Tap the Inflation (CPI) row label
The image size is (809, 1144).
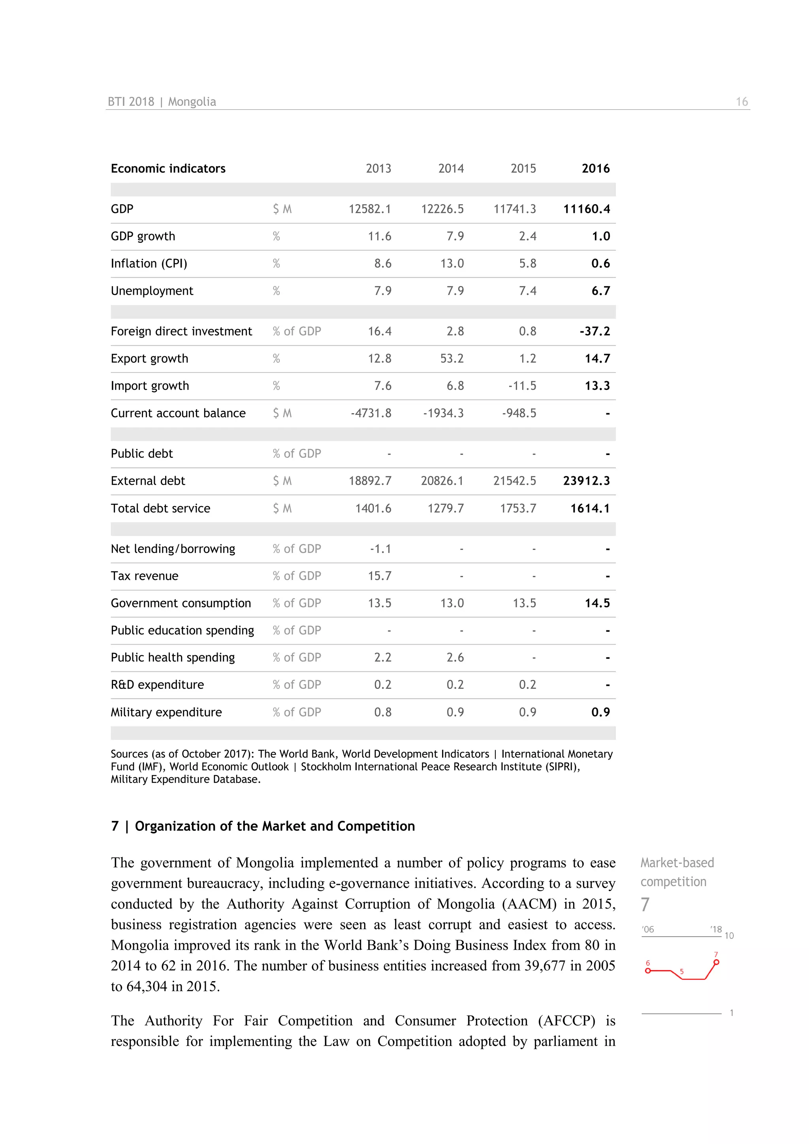pos(149,263)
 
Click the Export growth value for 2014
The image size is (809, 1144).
pos(452,359)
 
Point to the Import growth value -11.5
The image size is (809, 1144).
pos(522,386)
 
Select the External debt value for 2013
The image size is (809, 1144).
pos(370,481)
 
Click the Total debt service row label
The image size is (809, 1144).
pos(160,508)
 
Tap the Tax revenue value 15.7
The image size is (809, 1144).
pos(379,576)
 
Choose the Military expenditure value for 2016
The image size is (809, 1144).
pos(600,712)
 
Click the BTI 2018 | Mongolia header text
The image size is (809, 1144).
pos(162,102)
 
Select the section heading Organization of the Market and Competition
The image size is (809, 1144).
pos(275,826)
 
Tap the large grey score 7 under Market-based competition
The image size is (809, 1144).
pos(645,904)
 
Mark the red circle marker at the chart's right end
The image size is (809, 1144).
pos(716,962)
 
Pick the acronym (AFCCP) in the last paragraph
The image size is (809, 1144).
pos(566,1020)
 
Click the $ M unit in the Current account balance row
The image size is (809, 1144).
pos(282,413)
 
